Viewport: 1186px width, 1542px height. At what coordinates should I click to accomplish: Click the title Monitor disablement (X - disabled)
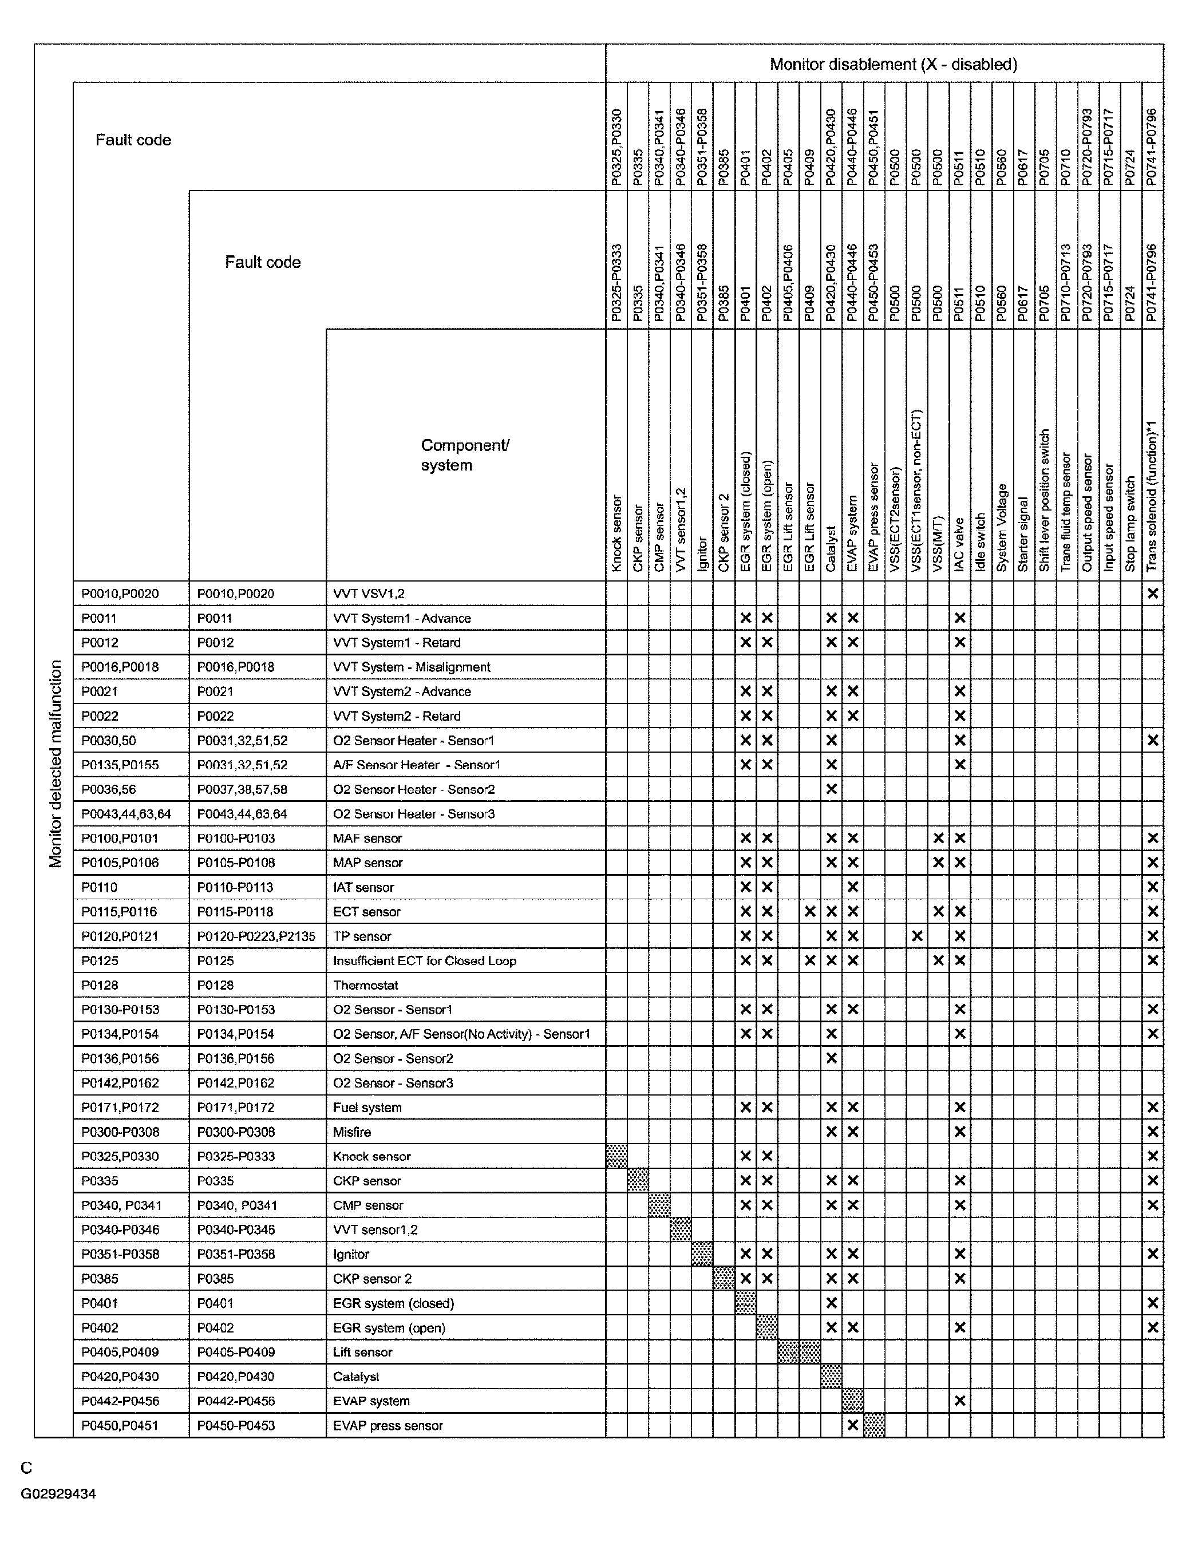click(x=893, y=64)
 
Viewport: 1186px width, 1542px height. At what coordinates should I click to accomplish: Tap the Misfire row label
click(x=352, y=1132)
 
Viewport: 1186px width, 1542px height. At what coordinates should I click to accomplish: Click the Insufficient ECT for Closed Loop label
click(x=424, y=960)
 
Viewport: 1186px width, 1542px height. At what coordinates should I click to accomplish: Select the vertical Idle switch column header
click(x=981, y=542)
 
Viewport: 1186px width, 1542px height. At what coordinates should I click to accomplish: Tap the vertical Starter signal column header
click(x=1023, y=535)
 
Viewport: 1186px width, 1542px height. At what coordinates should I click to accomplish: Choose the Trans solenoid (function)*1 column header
click(x=1152, y=496)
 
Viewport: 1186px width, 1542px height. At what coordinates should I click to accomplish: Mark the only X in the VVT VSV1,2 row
click(x=1153, y=594)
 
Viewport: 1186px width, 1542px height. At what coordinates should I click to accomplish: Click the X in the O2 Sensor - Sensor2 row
click(x=832, y=1058)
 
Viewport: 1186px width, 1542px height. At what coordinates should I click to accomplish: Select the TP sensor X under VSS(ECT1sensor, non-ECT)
click(x=917, y=936)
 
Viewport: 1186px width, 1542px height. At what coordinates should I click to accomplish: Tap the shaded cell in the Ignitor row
click(x=702, y=1255)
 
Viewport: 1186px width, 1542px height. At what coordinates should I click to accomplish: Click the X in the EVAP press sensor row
click(x=853, y=1425)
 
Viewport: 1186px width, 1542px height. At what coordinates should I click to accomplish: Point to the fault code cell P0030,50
click(x=109, y=741)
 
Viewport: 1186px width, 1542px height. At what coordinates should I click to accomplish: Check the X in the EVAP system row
click(x=959, y=1401)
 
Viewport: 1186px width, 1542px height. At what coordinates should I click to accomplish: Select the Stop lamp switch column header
click(x=1131, y=524)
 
